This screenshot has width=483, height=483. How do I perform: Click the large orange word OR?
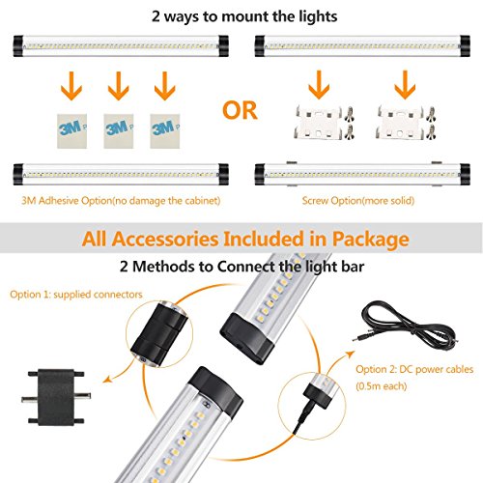click(x=240, y=110)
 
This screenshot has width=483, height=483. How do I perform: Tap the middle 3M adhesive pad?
click(x=119, y=131)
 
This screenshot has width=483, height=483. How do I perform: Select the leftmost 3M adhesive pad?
click(x=71, y=131)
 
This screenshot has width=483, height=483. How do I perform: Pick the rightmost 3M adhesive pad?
click(x=165, y=131)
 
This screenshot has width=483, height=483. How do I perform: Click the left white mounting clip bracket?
click(x=318, y=123)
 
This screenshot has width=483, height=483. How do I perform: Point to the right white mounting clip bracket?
click(x=400, y=123)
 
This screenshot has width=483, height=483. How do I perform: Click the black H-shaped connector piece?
click(x=56, y=397)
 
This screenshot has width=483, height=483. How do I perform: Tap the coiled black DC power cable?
click(x=406, y=325)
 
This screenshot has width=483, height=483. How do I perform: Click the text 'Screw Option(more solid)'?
click(x=358, y=201)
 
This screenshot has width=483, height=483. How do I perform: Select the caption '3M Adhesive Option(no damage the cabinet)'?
click(x=121, y=201)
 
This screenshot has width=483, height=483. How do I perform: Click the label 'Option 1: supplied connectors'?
click(x=76, y=295)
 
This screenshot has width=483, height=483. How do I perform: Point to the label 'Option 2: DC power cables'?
click(x=414, y=369)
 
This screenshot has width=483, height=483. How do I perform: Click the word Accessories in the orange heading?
click(x=165, y=239)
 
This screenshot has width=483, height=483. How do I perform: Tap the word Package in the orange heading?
click(x=370, y=240)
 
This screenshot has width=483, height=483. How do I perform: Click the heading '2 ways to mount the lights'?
click(x=244, y=16)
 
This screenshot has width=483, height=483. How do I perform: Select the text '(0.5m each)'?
click(x=382, y=385)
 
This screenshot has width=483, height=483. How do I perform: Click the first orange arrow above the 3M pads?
click(x=71, y=85)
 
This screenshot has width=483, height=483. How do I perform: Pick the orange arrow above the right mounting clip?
click(x=405, y=85)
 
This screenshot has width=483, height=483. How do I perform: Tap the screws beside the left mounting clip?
click(x=349, y=123)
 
